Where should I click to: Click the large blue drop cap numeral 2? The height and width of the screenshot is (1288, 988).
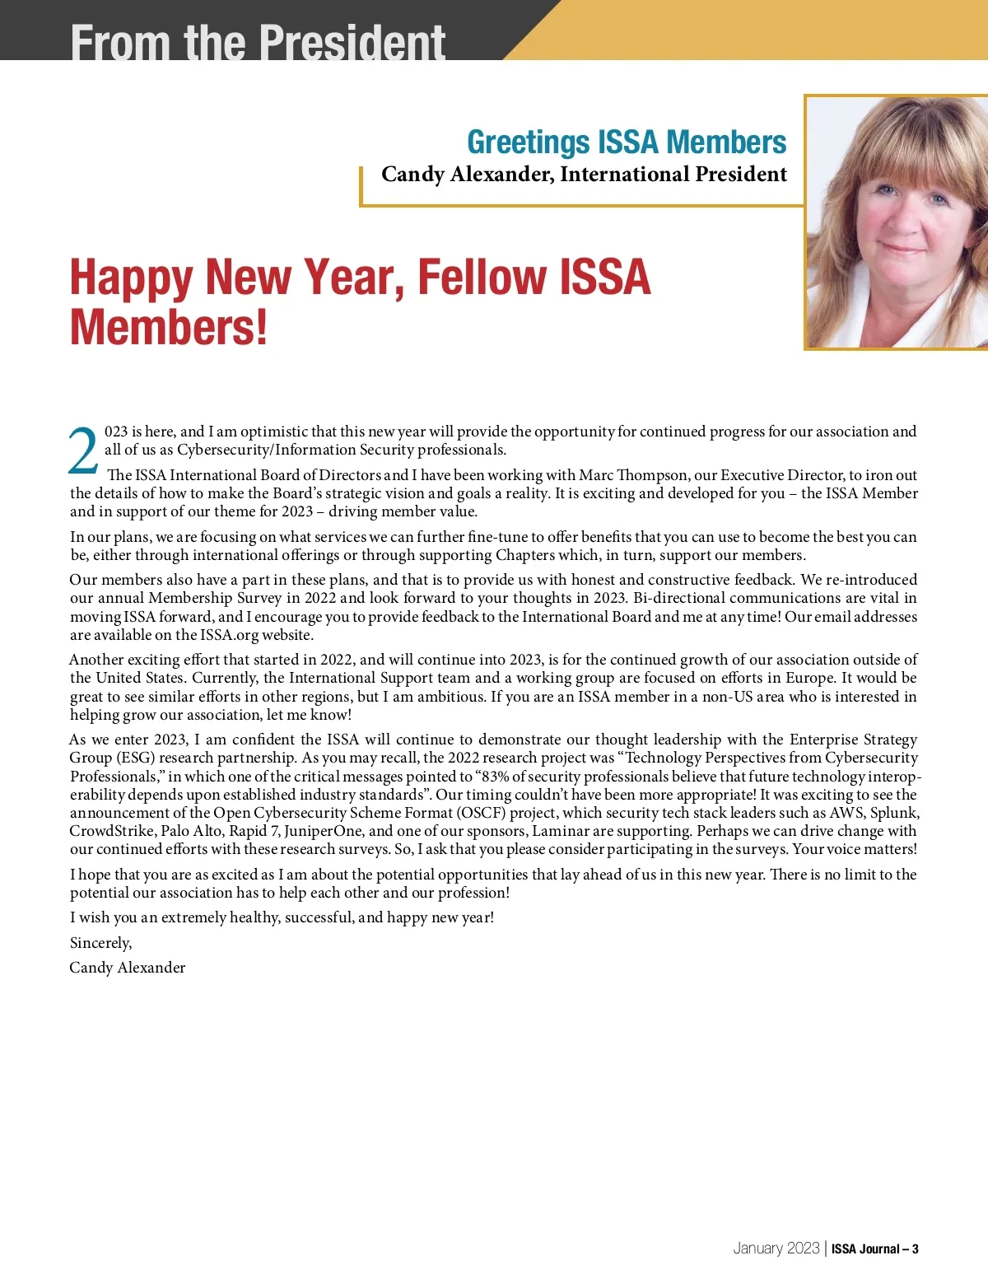(83, 451)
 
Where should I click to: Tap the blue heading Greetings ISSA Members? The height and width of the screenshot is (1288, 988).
(626, 142)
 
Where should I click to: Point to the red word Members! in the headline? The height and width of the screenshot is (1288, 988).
(169, 328)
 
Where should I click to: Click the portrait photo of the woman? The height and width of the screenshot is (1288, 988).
(897, 222)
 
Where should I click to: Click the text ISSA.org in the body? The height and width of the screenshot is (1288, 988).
(229, 635)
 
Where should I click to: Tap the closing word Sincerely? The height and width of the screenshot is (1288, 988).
(100, 943)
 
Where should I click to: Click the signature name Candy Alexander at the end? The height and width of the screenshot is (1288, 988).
(128, 968)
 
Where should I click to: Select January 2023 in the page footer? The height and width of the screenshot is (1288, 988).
(776, 1248)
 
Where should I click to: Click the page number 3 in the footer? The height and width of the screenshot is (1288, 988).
(915, 1249)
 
